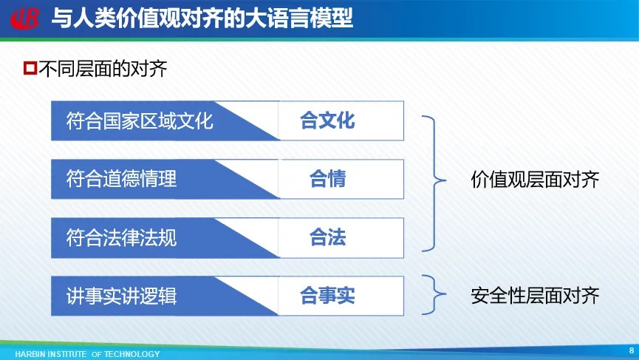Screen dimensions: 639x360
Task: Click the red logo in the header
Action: tap(25, 18)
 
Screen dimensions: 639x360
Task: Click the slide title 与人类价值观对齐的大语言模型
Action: tap(202, 18)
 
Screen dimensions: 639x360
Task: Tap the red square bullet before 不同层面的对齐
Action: tap(30, 68)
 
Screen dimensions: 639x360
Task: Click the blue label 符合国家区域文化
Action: tap(140, 120)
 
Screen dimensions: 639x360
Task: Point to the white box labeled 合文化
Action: tap(341, 120)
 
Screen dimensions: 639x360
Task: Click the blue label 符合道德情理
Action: tap(121, 179)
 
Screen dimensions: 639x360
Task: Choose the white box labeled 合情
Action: tap(341, 179)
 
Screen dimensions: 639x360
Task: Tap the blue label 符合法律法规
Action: tap(121, 238)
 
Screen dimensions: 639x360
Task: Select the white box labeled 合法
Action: tap(341, 238)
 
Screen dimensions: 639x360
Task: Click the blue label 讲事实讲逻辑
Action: tap(121, 296)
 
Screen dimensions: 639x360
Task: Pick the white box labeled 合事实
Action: tap(341, 296)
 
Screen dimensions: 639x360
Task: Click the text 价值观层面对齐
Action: tap(535, 180)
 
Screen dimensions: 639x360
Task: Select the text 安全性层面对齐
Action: tap(535, 296)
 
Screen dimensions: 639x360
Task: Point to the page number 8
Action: tap(632, 350)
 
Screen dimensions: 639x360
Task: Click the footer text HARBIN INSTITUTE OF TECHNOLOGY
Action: tap(87, 354)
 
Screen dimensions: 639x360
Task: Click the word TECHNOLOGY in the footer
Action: tap(132, 354)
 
